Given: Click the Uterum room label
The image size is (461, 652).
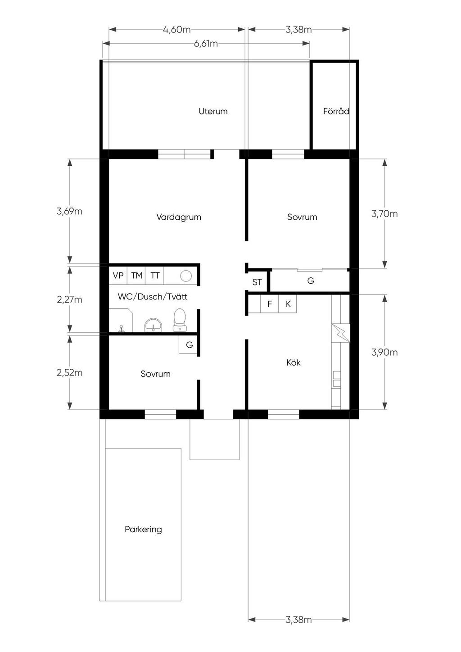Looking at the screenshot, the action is click(213, 111).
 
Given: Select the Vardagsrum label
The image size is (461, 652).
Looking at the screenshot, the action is click(179, 217).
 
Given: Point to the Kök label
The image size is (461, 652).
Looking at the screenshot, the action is click(294, 362).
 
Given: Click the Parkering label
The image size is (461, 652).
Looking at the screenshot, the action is click(143, 529).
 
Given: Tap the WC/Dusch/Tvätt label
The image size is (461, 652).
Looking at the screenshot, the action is click(153, 297).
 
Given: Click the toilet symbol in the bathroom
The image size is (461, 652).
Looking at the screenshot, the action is click(180, 320).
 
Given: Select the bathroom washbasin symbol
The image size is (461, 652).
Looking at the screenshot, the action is click(154, 326).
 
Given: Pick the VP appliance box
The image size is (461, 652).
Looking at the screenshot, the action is click(118, 275).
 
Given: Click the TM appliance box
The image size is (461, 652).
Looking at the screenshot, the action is click(136, 275).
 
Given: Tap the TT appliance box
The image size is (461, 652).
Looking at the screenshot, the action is click(154, 275).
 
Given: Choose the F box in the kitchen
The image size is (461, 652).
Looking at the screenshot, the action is click(270, 304).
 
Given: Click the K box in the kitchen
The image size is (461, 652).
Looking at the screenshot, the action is click(288, 304).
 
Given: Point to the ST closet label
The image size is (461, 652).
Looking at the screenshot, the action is click(257, 282).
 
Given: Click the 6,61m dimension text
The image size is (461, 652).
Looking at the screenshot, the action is click(206, 44).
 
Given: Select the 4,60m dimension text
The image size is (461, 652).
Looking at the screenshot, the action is click(176, 30).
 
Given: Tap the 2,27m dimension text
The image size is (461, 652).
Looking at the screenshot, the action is click(70, 299).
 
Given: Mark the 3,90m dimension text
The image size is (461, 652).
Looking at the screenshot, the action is click(384, 352).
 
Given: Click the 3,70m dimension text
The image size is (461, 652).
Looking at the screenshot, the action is click(384, 214).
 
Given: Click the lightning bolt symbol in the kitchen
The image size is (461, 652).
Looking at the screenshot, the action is click(341, 333).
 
